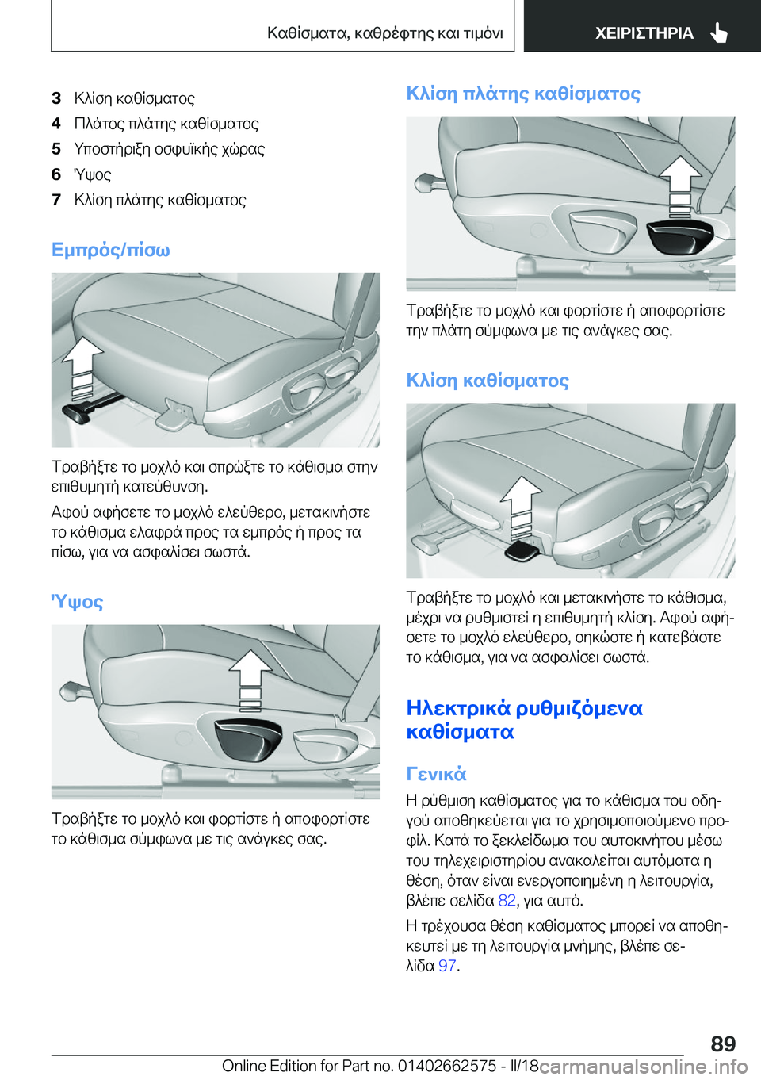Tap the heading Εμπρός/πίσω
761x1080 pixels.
point(111,250)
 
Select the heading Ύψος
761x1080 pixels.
point(77,602)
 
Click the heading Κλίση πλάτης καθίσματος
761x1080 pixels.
point(523,94)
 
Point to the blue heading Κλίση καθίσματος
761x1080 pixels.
point(488,381)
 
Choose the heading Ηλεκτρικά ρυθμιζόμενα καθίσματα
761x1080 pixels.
point(524,719)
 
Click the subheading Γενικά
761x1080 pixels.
point(436,774)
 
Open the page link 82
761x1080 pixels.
point(507,900)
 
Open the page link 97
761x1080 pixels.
point(447,965)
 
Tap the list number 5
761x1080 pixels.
point(56,149)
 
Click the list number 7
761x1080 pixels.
point(56,200)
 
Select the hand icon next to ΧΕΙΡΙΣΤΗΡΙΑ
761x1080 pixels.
point(718,33)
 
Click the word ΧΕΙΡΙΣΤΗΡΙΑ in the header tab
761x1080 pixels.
point(644,33)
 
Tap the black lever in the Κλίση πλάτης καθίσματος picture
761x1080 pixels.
point(679,236)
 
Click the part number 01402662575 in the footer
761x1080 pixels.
point(447,1066)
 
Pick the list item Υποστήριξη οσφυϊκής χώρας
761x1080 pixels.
point(169,149)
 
